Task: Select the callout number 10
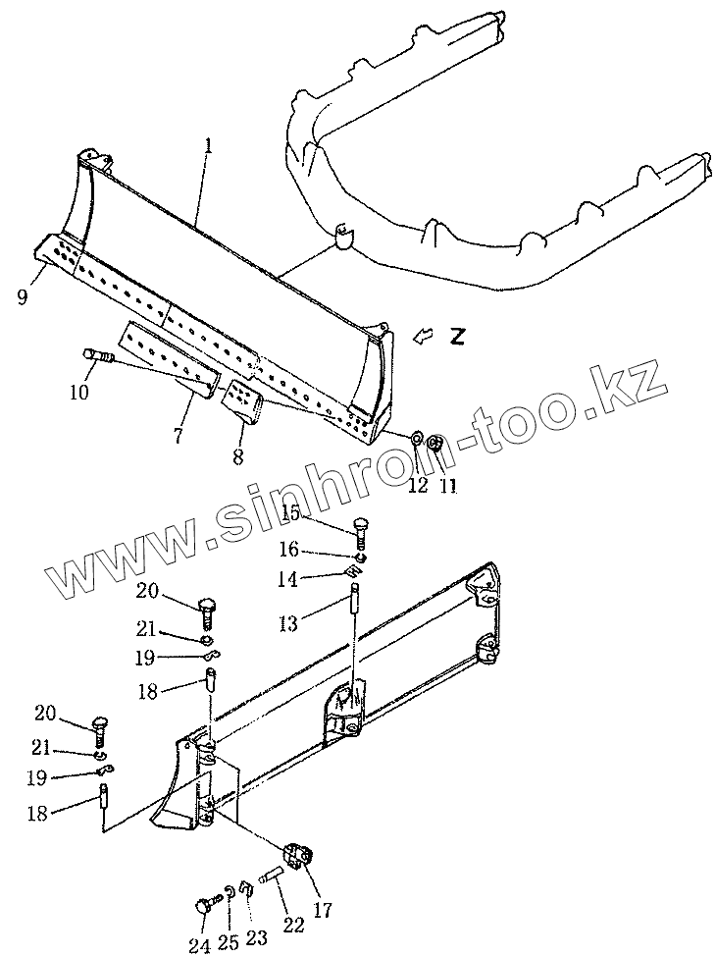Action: pyautogui.click(x=78, y=393)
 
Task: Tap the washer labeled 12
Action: pyautogui.click(x=416, y=438)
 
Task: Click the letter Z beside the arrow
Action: pyautogui.click(x=457, y=336)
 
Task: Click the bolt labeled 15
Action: pyautogui.click(x=360, y=532)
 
